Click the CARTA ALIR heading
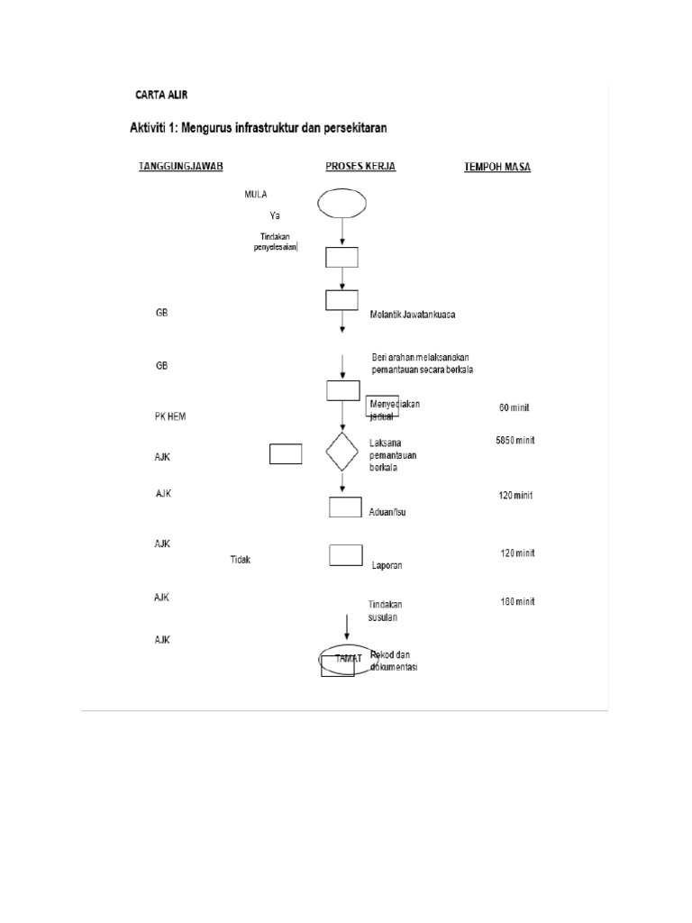coord(162,95)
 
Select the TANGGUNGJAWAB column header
coord(180,167)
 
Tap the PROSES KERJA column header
coord(360,167)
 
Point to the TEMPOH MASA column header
coord(496,167)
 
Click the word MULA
coord(256,194)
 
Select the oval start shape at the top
coord(342,203)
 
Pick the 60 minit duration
coord(514,407)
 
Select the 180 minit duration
coord(517,601)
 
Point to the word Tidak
coord(240,559)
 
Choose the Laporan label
coord(387,565)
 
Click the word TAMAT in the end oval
coord(347,659)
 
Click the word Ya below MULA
coord(275,215)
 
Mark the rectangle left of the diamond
coord(286,454)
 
